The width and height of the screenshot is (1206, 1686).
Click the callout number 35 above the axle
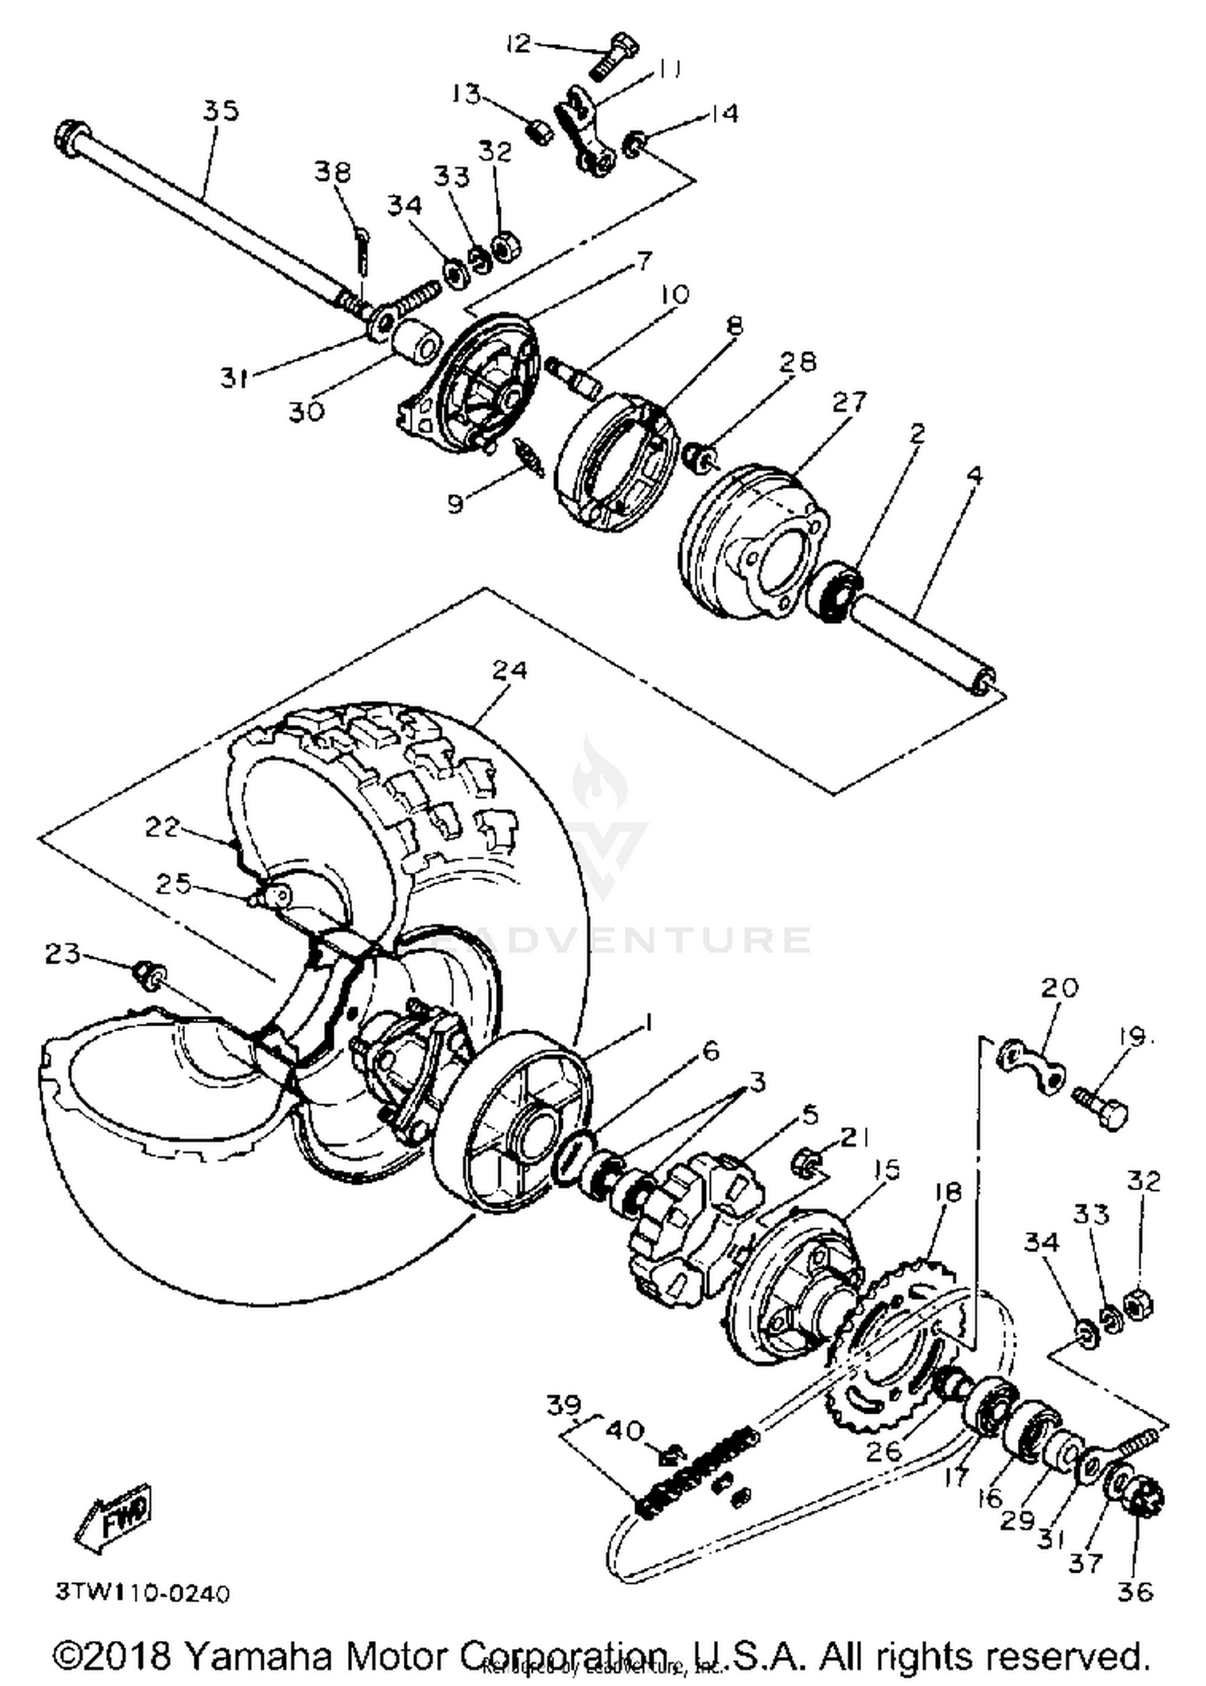pyautogui.click(x=219, y=110)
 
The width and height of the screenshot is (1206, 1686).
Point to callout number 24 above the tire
pyautogui.click(x=509, y=669)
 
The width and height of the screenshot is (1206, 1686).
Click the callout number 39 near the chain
pyautogui.click(x=564, y=1404)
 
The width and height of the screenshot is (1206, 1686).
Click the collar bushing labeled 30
pyautogui.click(x=416, y=343)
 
